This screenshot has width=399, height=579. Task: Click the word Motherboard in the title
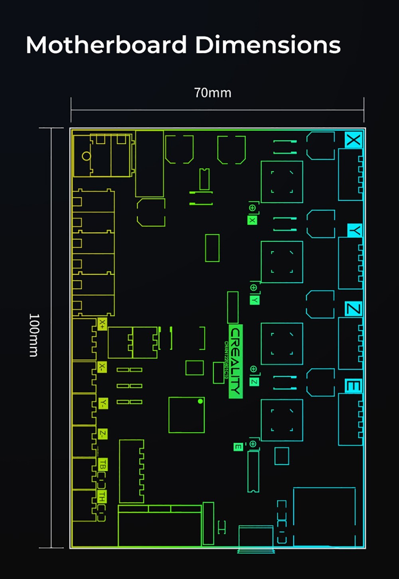click(x=106, y=45)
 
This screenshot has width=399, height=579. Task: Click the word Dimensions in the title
click(x=268, y=45)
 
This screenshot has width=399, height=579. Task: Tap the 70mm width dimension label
click(x=213, y=93)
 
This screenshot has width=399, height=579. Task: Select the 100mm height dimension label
click(x=34, y=335)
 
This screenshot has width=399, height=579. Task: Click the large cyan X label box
click(x=354, y=140)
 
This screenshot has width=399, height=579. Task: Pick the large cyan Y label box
click(x=355, y=230)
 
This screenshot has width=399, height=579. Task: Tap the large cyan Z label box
click(x=354, y=309)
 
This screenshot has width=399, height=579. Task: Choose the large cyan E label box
click(x=354, y=386)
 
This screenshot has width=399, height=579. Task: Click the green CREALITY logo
click(x=235, y=361)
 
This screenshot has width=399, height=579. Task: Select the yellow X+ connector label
click(x=103, y=324)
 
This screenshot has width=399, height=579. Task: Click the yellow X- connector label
click(x=103, y=367)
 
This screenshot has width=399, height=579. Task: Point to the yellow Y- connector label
click(x=103, y=403)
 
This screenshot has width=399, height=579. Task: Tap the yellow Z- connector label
click(x=103, y=434)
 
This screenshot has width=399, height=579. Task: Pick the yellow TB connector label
click(x=103, y=465)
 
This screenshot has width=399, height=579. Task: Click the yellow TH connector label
click(x=103, y=496)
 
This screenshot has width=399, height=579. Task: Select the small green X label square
click(x=252, y=220)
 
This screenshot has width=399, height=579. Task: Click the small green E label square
click(x=238, y=447)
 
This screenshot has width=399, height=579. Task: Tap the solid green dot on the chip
click(x=200, y=401)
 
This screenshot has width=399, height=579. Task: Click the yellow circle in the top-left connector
click(x=86, y=156)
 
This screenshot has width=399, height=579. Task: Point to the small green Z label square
click(x=254, y=382)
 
